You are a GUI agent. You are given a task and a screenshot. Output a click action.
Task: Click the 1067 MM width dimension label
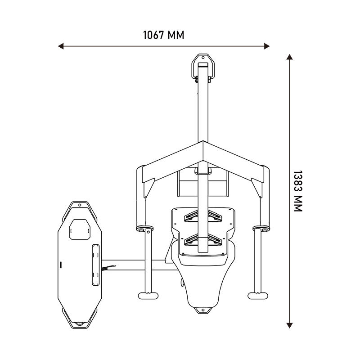[x=163, y=35]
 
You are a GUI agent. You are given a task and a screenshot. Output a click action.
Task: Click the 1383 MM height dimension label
[x=298, y=191]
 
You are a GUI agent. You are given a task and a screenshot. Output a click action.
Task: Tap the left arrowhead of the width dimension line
[x=61, y=46]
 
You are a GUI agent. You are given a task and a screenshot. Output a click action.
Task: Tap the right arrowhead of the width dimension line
[x=267, y=46]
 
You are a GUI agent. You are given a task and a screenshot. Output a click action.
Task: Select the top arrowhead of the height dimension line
[x=289, y=57]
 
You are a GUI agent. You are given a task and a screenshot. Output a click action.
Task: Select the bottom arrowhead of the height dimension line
[x=289, y=325]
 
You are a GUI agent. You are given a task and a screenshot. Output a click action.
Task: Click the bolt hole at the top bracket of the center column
[x=203, y=58]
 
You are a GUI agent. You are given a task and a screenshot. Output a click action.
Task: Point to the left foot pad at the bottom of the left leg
[x=148, y=296]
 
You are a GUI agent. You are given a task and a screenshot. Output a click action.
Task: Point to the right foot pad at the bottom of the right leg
[x=258, y=296]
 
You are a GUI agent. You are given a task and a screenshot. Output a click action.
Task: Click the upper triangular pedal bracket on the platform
[x=203, y=216]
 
